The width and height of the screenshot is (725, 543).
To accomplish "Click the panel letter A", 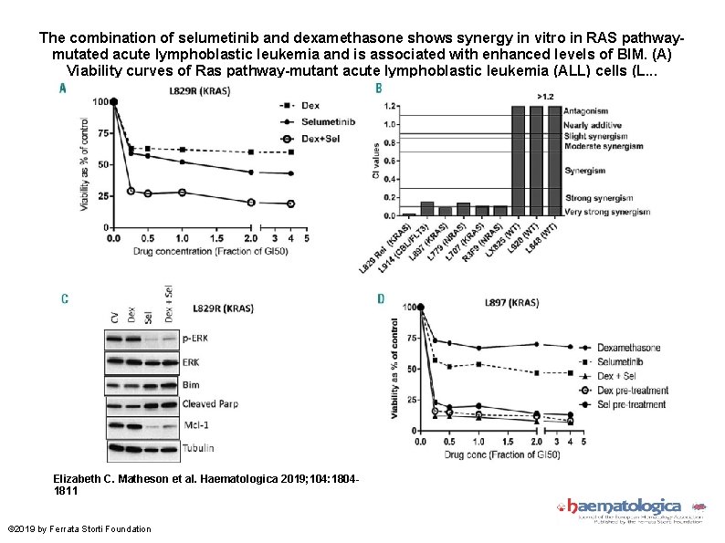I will click(63, 89).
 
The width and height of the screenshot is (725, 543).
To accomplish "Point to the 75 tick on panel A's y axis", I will click(104, 133).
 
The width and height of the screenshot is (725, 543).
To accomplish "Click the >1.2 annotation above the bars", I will click(544, 96).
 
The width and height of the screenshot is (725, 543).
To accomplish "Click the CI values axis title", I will click(375, 160).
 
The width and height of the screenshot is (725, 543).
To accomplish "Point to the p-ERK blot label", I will click(194, 338).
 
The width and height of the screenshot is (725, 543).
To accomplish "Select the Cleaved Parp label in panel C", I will click(212, 404).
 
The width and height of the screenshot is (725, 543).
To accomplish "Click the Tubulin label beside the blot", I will click(197, 448).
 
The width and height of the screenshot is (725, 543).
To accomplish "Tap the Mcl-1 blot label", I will click(194, 426).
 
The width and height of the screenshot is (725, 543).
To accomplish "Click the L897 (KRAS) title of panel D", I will click(510, 301).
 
